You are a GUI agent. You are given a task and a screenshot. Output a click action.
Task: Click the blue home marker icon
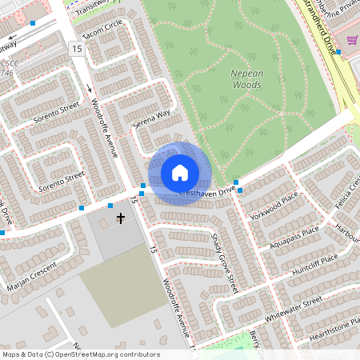tap(180, 173)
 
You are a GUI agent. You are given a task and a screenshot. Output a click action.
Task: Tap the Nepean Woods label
tap(246, 78)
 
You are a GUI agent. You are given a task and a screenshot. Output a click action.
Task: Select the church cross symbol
tap(122, 218)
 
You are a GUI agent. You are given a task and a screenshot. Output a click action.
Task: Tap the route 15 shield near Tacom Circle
tap(77, 50)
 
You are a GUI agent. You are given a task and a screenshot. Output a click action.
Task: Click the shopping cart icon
tap(352, 40)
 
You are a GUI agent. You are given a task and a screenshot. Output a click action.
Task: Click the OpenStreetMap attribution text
tap(80, 354)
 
